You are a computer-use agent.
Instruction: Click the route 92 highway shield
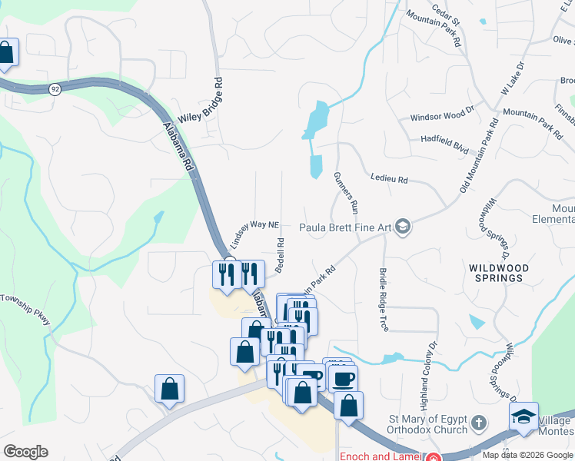[x=55, y=90]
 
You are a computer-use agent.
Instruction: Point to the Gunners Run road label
[x=347, y=192]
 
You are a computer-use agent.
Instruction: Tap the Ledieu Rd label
[x=389, y=179]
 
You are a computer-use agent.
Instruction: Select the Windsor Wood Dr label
[x=443, y=116]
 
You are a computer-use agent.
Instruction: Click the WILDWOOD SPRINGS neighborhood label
[x=499, y=273]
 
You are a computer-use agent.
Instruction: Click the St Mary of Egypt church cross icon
[x=478, y=423]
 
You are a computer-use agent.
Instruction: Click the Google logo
[x=25, y=452]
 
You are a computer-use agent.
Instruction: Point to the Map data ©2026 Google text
[x=527, y=455]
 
